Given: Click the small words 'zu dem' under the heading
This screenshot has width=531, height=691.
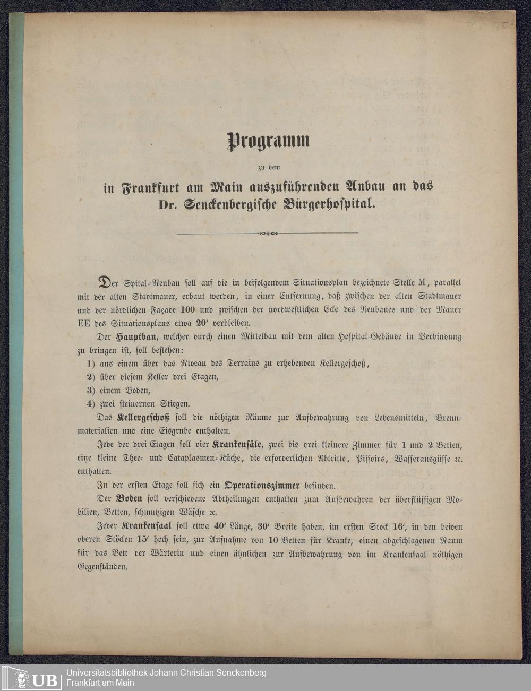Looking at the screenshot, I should pos(268,168).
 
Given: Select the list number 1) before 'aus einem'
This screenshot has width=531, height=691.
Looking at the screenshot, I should pos(91,364).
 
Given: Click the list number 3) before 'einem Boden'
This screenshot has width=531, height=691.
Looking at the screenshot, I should pos(91,391).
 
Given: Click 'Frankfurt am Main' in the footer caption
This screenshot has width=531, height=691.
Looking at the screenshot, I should pos(100,683).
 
